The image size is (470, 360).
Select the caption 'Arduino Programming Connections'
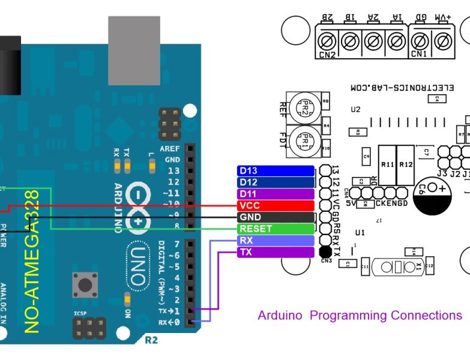pyautogui.click(x=360, y=315)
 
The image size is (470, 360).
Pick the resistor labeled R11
pyautogui.click(x=387, y=164)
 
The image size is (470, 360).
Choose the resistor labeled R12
pyautogui.click(x=406, y=164)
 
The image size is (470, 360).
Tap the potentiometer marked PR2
pyautogui.click(x=304, y=108)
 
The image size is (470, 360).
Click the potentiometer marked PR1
pyautogui.click(x=304, y=142)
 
